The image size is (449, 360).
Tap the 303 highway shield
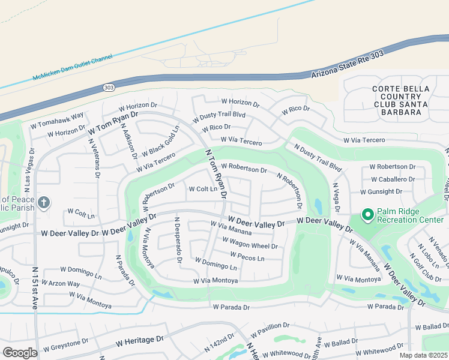109,87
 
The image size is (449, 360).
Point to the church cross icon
43,203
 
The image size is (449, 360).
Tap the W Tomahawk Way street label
57,118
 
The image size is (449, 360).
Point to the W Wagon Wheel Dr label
250,242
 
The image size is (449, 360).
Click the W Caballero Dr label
393,179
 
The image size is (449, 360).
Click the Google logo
20,352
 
